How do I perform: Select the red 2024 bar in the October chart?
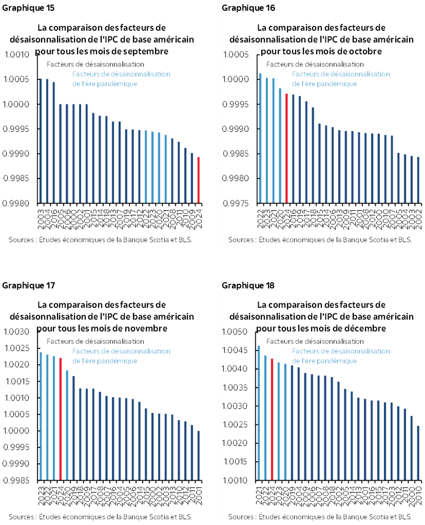click(x=286, y=149)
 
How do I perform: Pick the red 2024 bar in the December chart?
click(x=272, y=420)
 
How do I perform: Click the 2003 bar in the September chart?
click(x=40, y=141)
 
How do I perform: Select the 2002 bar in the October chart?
click(x=418, y=180)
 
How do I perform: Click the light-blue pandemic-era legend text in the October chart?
click(x=341, y=79)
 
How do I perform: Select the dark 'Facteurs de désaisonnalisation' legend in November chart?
click(x=95, y=341)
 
